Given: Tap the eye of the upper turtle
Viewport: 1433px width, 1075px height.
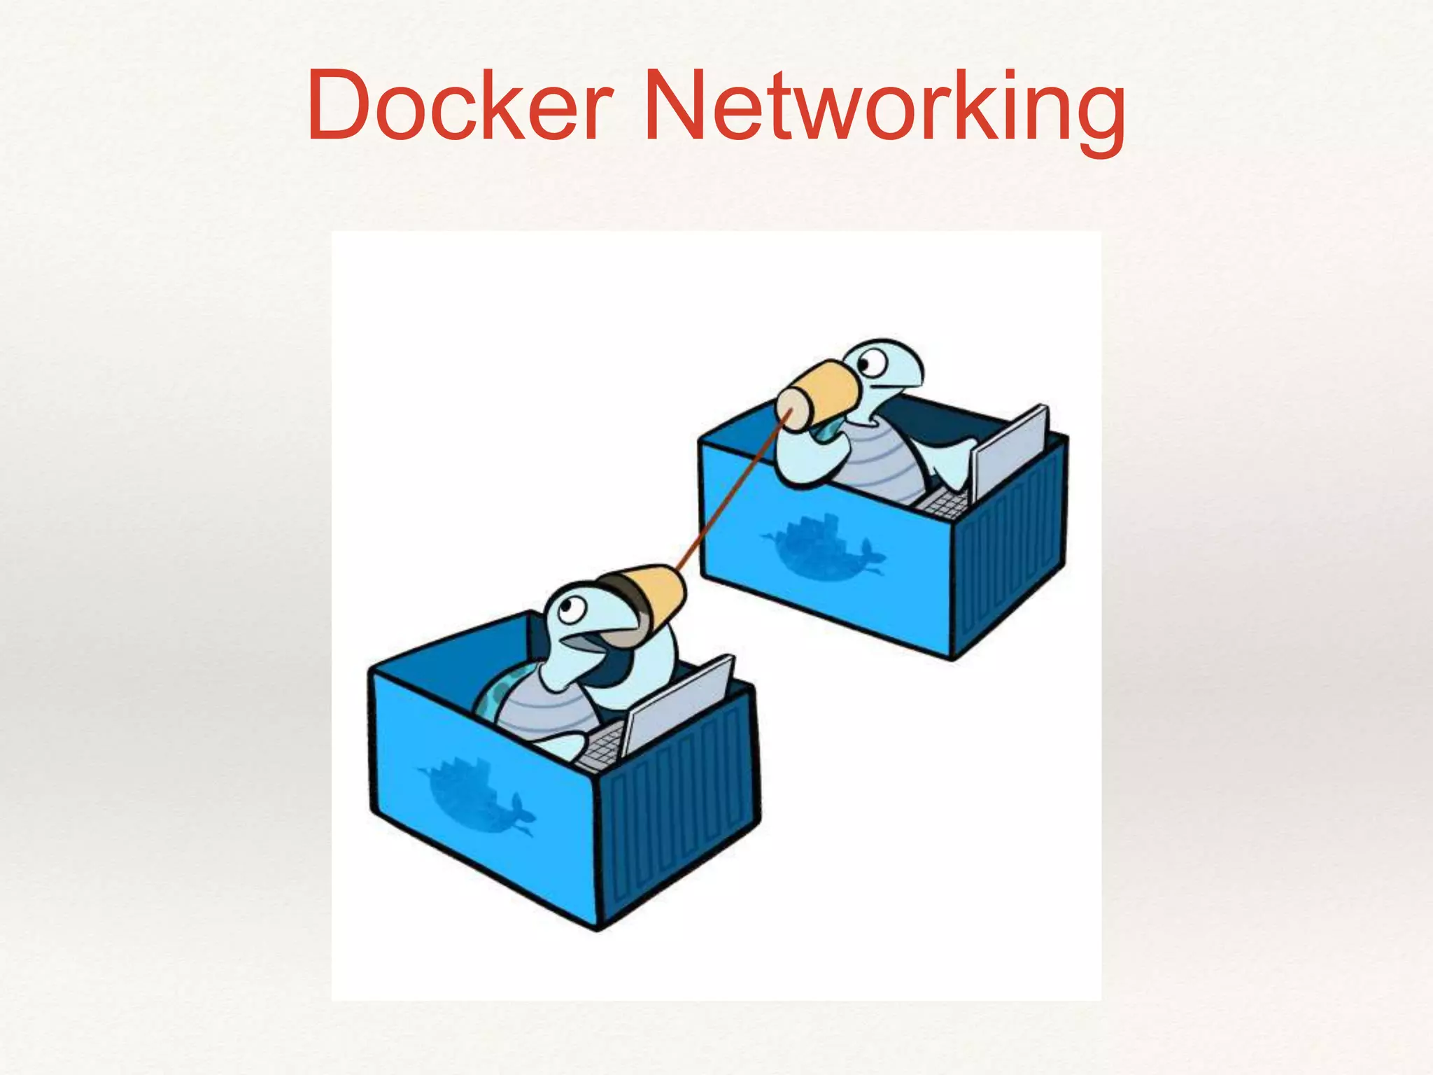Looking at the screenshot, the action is point(870,364).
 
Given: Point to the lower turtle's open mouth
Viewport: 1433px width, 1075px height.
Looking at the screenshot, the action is point(586,640).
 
